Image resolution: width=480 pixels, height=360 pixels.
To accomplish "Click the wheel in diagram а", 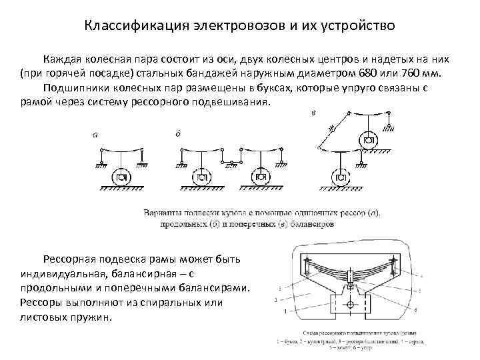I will [121, 178].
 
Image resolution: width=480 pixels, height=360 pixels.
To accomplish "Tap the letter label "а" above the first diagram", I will [96, 134].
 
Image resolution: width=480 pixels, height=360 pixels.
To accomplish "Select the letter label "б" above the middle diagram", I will [178, 133].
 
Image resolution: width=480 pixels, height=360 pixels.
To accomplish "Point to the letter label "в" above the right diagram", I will [313, 113].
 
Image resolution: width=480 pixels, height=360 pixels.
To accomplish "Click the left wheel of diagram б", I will [201, 178].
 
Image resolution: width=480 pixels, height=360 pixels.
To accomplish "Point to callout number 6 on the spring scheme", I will [416, 311].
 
